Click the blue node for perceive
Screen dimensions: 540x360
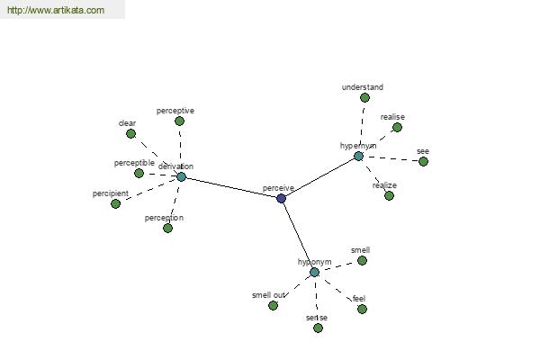(x=282, y=198)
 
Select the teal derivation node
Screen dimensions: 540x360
(x=182, y=176)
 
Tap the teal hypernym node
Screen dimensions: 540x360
(x=358, y=157)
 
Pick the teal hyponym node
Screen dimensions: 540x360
(x=314, y=273)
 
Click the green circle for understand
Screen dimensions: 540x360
(x=364, y=98)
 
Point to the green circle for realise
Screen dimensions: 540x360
(x=397, y=128)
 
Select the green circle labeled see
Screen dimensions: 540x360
(x=423, y=161)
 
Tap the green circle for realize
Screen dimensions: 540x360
(x=389, y=195)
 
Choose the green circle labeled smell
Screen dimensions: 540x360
(x=362, y=261)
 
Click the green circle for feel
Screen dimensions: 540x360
(x=362, y=309)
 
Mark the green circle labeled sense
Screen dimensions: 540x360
(x=319, y=328)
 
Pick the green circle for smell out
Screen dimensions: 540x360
(x=273, y=306)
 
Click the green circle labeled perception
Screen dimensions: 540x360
(x=167, y=228)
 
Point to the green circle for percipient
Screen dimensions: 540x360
(x=116, y=204)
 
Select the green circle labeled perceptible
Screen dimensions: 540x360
(x=139, y=174)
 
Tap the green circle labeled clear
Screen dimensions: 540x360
(x=130, y=134)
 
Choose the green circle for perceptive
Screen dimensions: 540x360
(x=179, y=121)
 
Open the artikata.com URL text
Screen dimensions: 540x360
(x=56, y=10)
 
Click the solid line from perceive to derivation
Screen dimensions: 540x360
(x=231, y=188)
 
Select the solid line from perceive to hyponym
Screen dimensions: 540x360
(x=298, y=235)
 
